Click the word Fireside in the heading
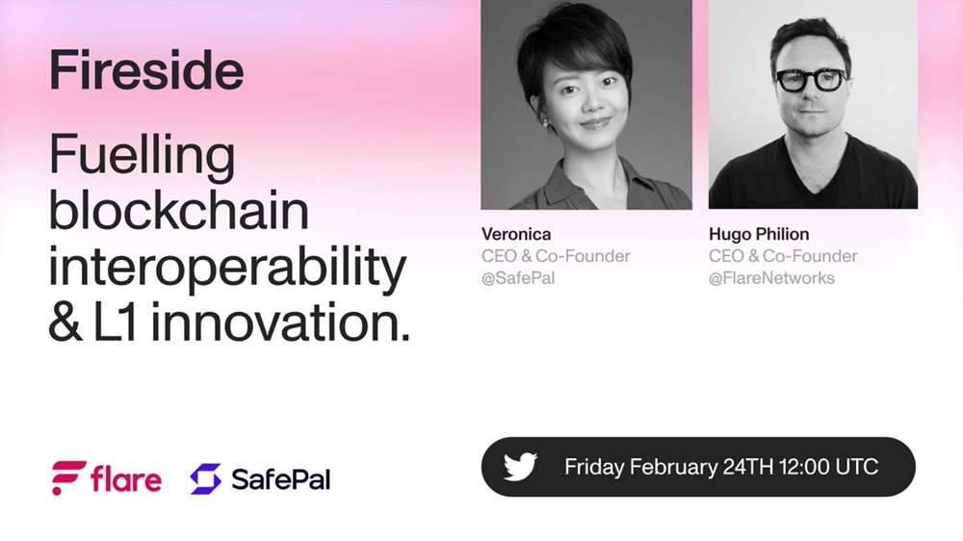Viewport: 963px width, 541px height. (x=146, y=70)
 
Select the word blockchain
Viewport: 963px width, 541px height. (x=179, y=210)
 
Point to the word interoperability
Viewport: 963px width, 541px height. (x=227, y=269)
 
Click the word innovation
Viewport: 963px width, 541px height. (x=280, y=322)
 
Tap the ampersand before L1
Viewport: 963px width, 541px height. (x=65, y=322)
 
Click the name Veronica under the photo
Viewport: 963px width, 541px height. (x=516, y=234)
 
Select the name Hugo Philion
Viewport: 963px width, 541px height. (x=759, y=234)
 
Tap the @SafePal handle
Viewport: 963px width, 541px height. (x=518, y=278)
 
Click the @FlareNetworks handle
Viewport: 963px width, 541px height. (x=771, y=278)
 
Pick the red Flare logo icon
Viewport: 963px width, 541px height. (x=68, y=477)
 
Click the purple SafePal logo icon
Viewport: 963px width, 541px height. (x=206, y=479)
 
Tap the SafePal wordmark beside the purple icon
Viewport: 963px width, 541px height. (x=280, y=479)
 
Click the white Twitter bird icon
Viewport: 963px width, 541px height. (x=520, y=467)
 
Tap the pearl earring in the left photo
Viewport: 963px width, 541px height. (x=544, y=123)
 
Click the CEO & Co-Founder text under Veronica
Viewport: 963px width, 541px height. (x=556, y=256)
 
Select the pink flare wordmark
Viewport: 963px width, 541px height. (x=126, y=479)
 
